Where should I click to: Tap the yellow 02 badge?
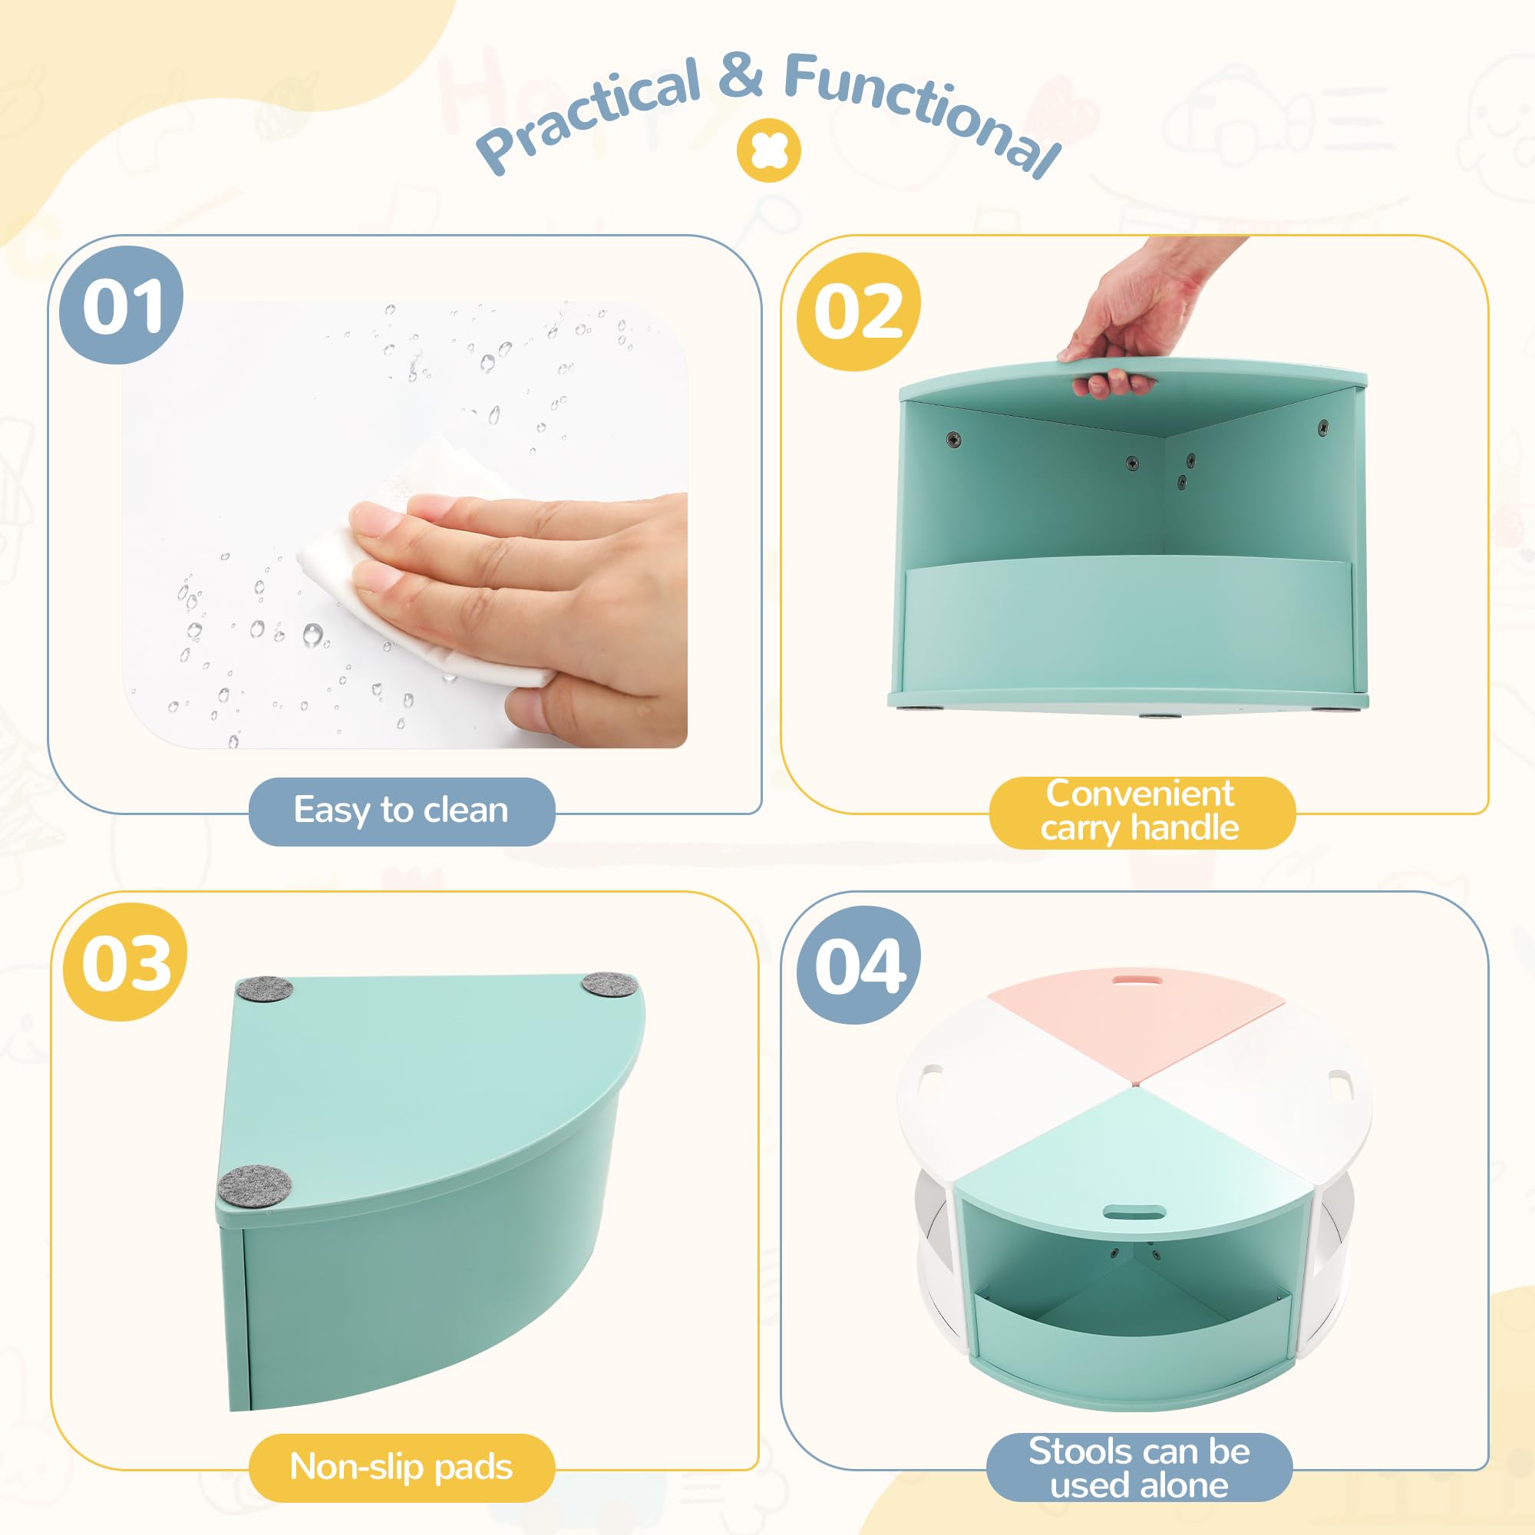tap(859, 312)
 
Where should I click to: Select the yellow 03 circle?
tap(126, 962)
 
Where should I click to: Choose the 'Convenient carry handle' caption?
tap(1142, 811)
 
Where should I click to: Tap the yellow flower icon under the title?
tap(768, 150)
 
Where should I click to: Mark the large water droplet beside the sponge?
tap(312, 634)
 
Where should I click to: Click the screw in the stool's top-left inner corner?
tap(953, 437)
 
